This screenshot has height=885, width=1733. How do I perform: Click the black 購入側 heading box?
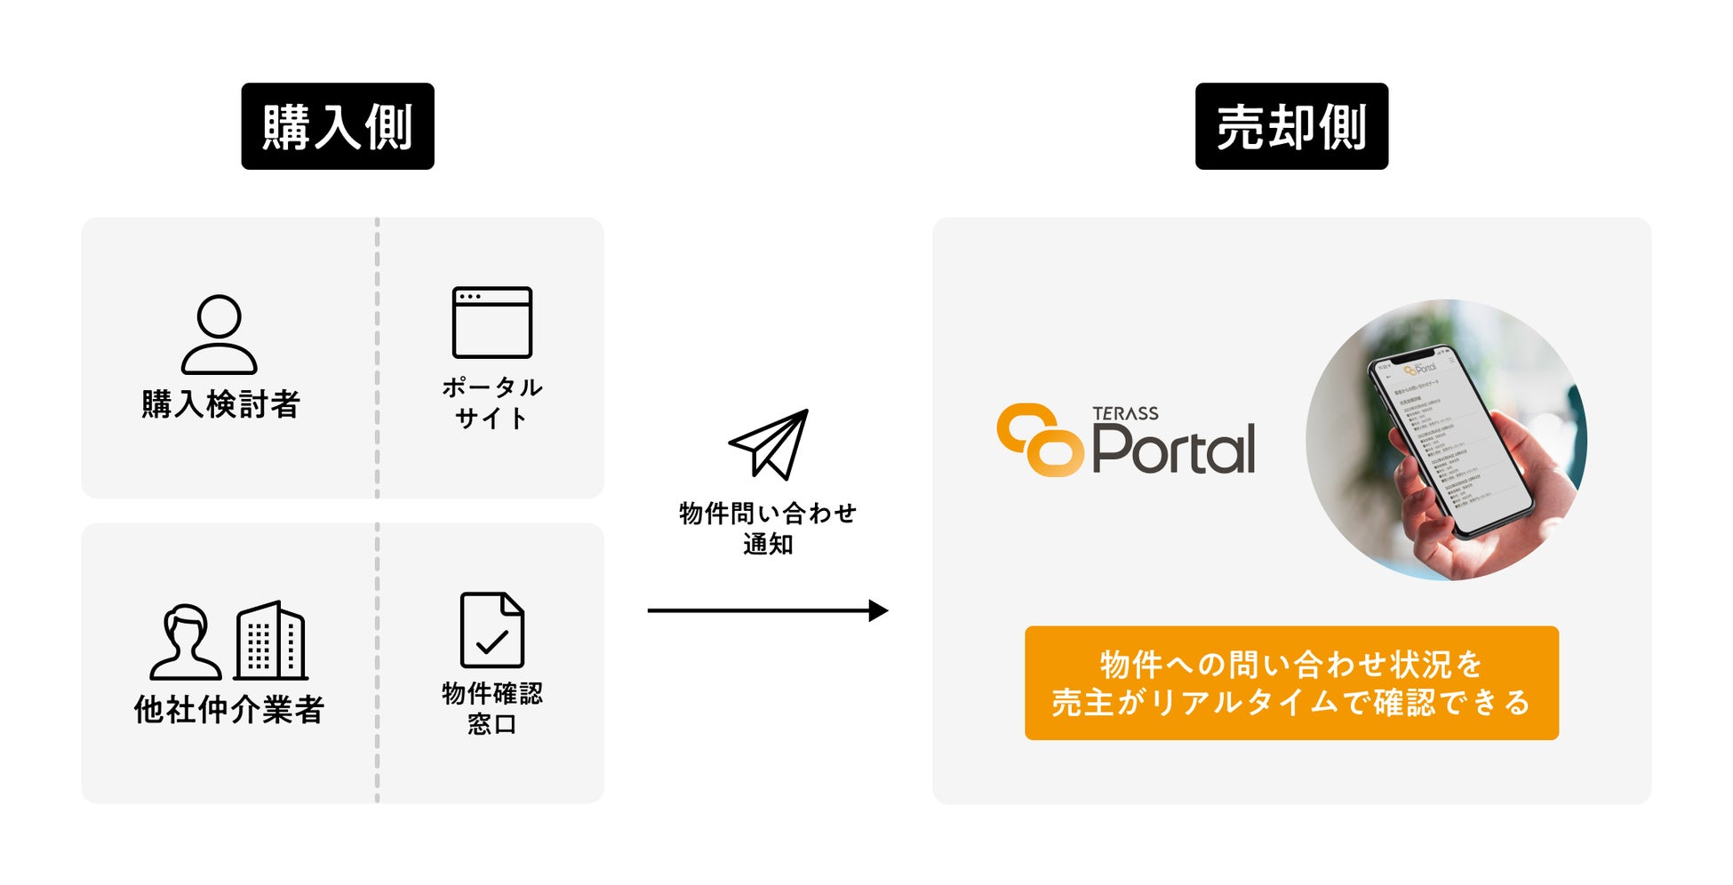click(338, 126)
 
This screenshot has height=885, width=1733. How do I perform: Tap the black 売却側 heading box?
click(1291, 126)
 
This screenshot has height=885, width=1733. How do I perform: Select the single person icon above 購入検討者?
click(220, 334)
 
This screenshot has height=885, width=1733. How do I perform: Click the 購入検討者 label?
click(221, 403)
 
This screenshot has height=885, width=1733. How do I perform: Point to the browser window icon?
click(492, 322)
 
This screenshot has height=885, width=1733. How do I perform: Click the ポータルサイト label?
click(492, 403)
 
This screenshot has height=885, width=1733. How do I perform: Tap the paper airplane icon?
click(770, 444)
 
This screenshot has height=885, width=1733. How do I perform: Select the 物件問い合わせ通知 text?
click(768, 528)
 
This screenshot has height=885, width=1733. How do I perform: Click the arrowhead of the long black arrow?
click(878, 610)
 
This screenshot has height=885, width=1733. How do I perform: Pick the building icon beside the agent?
click(270, 641)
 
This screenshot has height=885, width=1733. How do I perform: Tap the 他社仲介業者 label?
click(229, 709)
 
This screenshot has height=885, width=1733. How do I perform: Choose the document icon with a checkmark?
click(492, 630)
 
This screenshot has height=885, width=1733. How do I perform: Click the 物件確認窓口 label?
click(492, 708)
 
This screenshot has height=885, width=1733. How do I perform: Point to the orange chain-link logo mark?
click(1040, 440)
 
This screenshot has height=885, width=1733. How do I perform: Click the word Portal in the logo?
click(1173, 449)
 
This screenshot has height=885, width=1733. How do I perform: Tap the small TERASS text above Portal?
click(1125, 413)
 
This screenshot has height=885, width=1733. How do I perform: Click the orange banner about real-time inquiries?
click(1291, 682)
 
